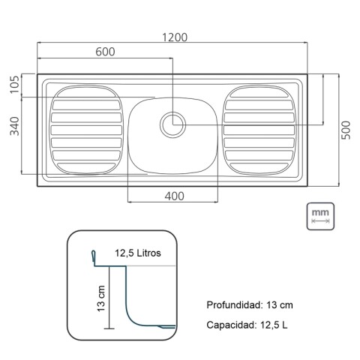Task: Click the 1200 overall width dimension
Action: [173, 37]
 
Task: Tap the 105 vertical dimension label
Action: [14, 85]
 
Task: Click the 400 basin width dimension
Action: [174, 196]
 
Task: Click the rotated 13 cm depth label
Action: [100, 298]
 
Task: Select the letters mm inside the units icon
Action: [320, 213]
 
